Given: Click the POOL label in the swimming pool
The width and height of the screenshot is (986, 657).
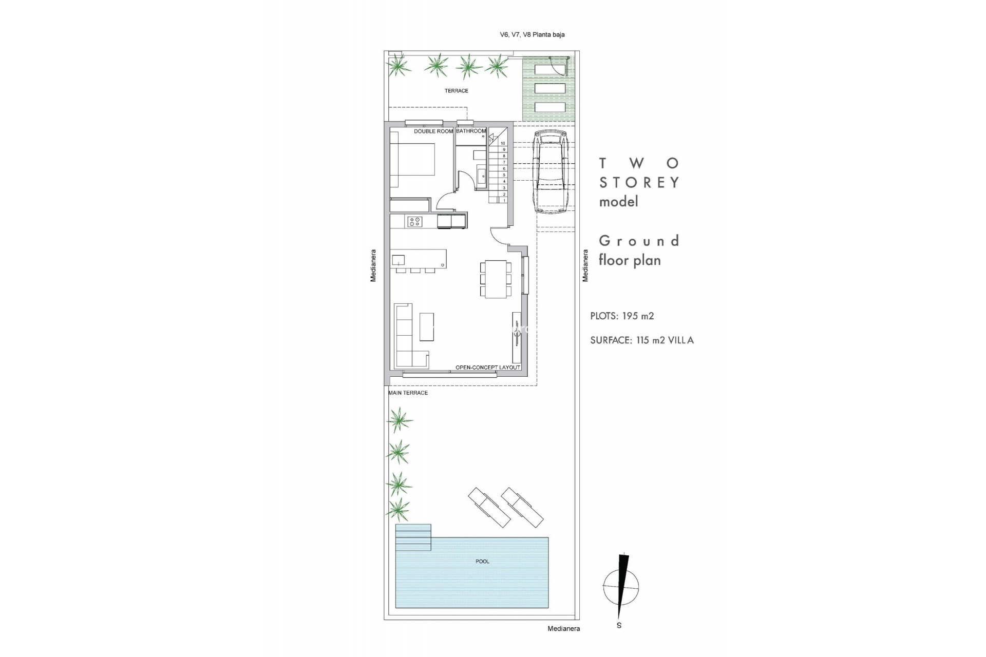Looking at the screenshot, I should coord(482,562).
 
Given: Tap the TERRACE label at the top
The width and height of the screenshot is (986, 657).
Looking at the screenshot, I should coord(456,91).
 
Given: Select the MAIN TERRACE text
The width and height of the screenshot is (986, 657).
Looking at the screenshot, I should coord(408,393).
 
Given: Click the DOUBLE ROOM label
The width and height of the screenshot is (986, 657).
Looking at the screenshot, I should coord(433,131).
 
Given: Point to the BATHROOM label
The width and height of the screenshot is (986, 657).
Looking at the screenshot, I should coord(470,131).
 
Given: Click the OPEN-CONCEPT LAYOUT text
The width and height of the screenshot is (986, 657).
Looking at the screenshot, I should coord(488,368).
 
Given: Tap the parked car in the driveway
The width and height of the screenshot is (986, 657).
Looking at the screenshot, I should coord(549,172).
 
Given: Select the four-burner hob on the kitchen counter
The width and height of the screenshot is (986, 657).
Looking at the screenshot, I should coord(414,222).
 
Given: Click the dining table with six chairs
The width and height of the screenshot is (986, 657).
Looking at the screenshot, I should coord(496,279).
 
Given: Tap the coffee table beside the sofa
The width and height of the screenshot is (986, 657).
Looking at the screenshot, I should coord(426,327).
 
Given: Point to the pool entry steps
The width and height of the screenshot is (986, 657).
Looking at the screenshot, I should coord(413,537).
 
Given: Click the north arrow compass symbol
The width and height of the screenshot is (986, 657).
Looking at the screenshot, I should coord(621,587).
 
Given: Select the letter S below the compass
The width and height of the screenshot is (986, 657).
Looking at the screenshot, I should coord(619,626).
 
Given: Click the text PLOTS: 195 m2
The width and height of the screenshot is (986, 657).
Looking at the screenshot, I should coord(622,316).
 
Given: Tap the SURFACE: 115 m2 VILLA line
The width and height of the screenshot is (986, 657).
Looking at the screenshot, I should coord(642,340).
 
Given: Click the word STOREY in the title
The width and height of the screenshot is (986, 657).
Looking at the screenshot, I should coord(639,183).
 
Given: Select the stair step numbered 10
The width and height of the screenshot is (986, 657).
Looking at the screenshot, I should coord(503,143).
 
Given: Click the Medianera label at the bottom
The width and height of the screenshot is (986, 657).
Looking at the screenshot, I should coord(563,629).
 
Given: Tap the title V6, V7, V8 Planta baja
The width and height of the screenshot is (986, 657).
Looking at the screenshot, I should coord(532,35).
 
